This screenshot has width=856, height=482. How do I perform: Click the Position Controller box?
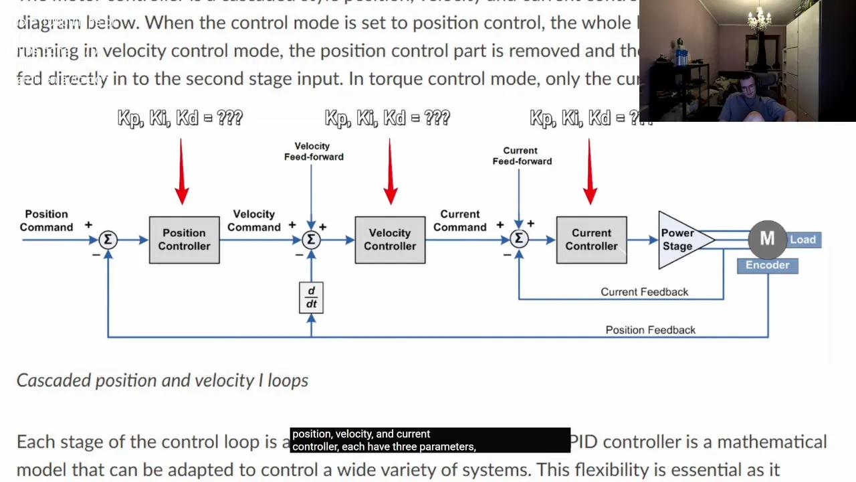pyautogui.click(x=184, y=240)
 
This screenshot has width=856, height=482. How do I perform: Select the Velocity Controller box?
pyautogui.click(x=390, y=240)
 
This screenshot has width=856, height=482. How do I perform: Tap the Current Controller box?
pyautogui.click(x=591, y=240)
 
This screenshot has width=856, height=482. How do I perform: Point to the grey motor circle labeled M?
pyautogui.click(x=767, y=238)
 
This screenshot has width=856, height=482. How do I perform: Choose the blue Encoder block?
pyautogui.click(x=767, y=265)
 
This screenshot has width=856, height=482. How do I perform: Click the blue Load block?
pyautogui.click(x=802, y=240)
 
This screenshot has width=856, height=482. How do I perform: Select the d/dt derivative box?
pyautogui.click(x=311, y=298)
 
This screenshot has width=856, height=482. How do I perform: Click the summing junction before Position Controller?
pyautogui.click(x=108, y=240)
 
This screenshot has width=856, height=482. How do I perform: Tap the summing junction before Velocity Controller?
pyautogui.click(x=311, y=240)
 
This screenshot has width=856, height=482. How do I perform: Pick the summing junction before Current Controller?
pyautogui.click(x=519, y=240)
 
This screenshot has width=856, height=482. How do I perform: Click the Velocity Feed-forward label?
pyautogui.click(x=313, y=151)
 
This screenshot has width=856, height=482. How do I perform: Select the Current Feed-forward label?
pyautogui.click(x=522, y=156)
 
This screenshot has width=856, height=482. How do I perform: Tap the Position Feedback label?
pyautogui.click(x=650, y=330)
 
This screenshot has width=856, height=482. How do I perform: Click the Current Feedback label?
pyautogui.click(x=644, y=292)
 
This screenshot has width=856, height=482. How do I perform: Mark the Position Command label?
pyautogui.click(x=46, y=220)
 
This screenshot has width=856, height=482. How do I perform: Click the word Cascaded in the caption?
pyautogui.click(x=53, y=380)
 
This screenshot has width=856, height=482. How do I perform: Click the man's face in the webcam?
pyautogui.click(x=744, y=90)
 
